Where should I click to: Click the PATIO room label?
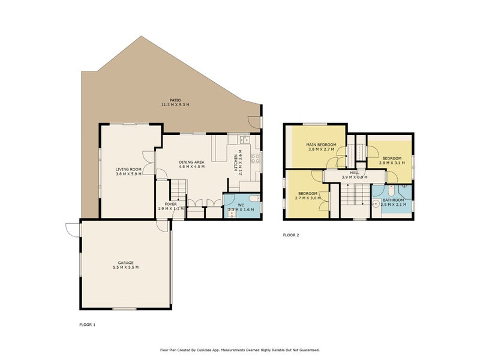click(175, 100)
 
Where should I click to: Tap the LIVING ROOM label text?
click(128, 169)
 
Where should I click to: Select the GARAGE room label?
click(125, 262)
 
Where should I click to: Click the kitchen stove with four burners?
click(254, 158)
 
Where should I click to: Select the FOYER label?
click(170, 204)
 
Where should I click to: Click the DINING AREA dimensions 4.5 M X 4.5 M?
click(192, 166)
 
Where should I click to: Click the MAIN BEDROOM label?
click(321, 145)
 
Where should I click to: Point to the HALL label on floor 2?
click(354, 172)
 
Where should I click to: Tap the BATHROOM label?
click(394, 200)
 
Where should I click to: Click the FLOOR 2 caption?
click(291, 235)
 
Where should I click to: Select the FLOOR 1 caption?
click(87, 325)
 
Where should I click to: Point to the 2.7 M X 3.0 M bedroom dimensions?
click(307, 198)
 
